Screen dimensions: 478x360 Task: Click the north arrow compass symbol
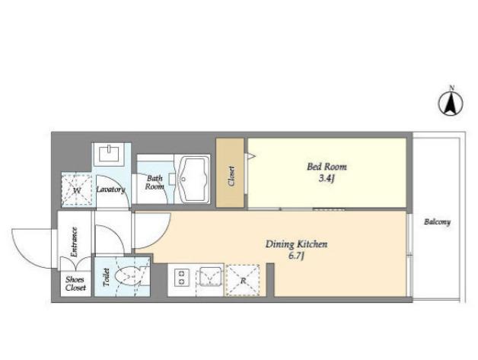(x=451, y=102)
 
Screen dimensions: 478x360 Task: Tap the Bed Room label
(x=327, y=167)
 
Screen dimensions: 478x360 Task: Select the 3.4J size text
(x=327, y=178)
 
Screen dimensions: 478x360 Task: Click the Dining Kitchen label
(x=296, y=244)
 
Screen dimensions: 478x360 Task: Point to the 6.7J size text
(x=297, y=256)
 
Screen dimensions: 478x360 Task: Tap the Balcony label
(x=437, y=222)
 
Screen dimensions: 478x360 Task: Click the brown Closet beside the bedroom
(x=230, y=173)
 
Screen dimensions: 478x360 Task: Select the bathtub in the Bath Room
(x=194, y=179)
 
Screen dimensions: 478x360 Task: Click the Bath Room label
(x=155, y=183)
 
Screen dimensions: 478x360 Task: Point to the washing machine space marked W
(x=77, y=190)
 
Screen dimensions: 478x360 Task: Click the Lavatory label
(x=111, y=190)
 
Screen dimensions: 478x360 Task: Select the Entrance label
(x=74, y=242)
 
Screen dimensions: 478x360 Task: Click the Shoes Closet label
(x=75, y=283)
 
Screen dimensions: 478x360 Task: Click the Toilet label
(x=106, y=277)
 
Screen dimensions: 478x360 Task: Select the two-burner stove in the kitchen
(x=182, y=277)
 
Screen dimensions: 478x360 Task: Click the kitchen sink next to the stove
(x=210, y=276)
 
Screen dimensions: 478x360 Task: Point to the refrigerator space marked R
(x=243, y=280)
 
